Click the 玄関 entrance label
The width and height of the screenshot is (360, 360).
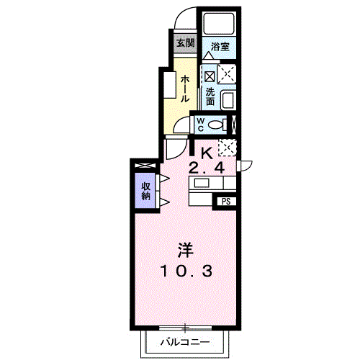(x=185, y=43)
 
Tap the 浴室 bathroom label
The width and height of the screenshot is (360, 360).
(x=220, y=47)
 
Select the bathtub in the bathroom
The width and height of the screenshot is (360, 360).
(x=219, y=24)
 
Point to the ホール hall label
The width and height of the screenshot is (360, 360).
(x=185, y=89)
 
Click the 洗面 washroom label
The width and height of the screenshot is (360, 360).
(x=210, y=96)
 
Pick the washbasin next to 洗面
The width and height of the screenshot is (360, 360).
(x=228, y=100)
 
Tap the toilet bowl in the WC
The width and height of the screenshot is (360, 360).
(x=215, y=125)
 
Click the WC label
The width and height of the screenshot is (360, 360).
(x=200, y=125)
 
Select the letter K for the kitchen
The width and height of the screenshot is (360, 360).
(x=207, y=153)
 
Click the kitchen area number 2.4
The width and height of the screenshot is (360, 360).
(x=207, y=168)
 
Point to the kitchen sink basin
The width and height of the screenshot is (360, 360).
(x=202, y=184)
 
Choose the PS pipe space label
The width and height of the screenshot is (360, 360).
(x=226, y=202)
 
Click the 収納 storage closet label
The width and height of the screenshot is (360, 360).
(x=145, y=192)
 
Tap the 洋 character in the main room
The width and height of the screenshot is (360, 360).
(x=185, y=250)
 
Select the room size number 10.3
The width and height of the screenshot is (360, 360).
(x=186, y=271)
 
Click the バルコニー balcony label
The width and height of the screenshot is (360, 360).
(x=185, y=341)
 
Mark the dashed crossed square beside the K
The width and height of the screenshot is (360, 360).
(x=228, y=148)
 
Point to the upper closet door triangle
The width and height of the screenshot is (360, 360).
(x=164, y=179)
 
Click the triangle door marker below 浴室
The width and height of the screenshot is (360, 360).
(x=208, y=56)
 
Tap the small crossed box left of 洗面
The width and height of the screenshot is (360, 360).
(x=210, y=76)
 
